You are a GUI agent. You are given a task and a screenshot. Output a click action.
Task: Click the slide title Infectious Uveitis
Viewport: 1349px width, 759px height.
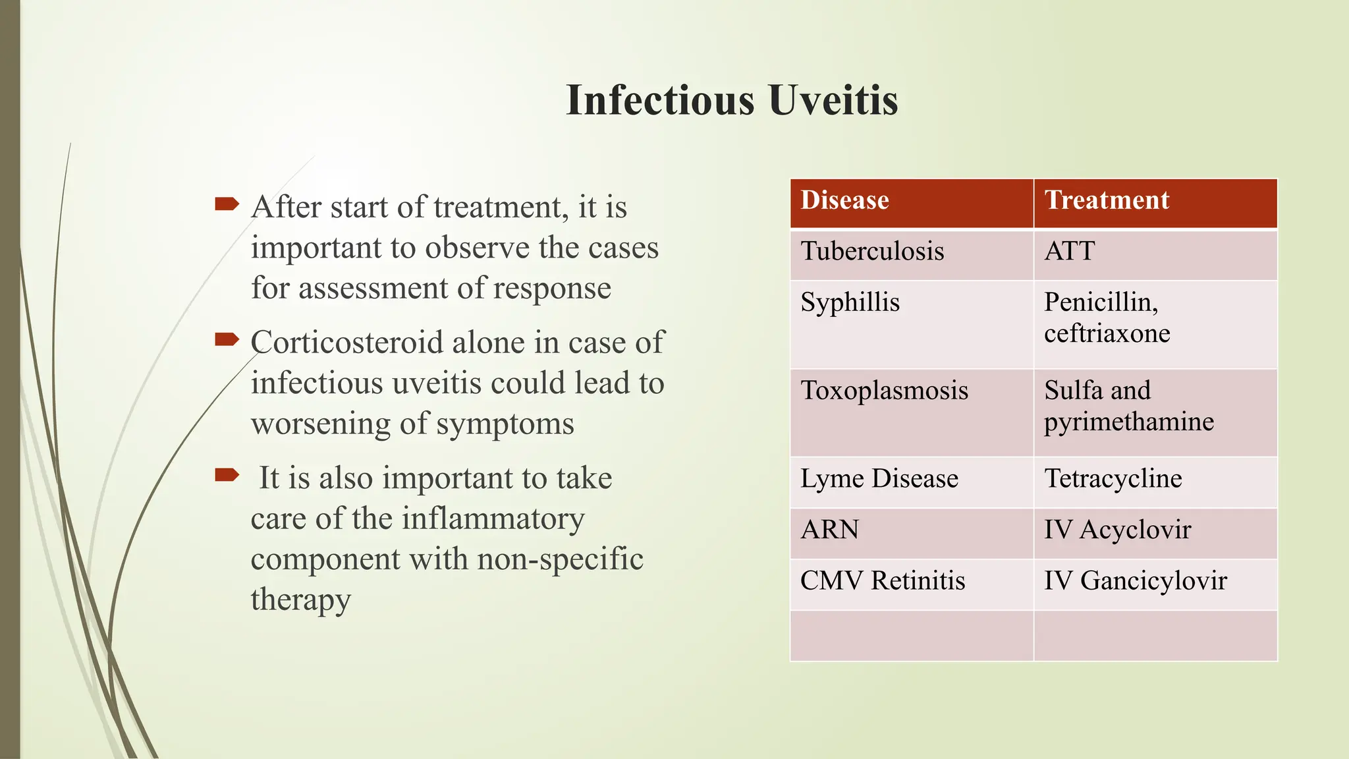pos(732,100)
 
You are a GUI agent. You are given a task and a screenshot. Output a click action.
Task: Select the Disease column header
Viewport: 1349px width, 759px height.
pos(844,200)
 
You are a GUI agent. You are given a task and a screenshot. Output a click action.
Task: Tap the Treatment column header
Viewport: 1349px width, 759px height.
pos(1107,200)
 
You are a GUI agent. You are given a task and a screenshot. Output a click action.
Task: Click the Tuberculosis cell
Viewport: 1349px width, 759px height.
pos(872,252)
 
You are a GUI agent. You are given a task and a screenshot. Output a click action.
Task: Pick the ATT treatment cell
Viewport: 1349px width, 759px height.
pos(1069,252)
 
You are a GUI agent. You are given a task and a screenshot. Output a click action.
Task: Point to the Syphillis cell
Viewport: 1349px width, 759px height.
pos(850,303)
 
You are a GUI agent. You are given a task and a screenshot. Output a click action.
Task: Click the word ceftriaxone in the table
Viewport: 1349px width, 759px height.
pos(1107,334)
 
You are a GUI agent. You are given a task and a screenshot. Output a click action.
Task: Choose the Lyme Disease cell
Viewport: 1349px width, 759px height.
pos(879,479)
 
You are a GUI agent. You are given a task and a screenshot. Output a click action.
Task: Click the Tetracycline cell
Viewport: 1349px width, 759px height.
pos(1113,479)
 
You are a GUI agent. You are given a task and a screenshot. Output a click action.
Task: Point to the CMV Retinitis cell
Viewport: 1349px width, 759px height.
pos(882,581)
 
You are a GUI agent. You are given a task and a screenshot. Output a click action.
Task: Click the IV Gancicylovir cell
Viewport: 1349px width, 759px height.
pos(1135,581)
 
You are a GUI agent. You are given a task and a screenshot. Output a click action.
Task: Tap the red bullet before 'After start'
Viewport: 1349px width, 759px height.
pos(227,204)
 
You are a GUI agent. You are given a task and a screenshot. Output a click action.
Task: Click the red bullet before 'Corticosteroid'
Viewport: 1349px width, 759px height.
pos(227,340)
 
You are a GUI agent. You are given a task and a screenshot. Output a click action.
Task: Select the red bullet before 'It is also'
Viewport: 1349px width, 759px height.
pos(227,475)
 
